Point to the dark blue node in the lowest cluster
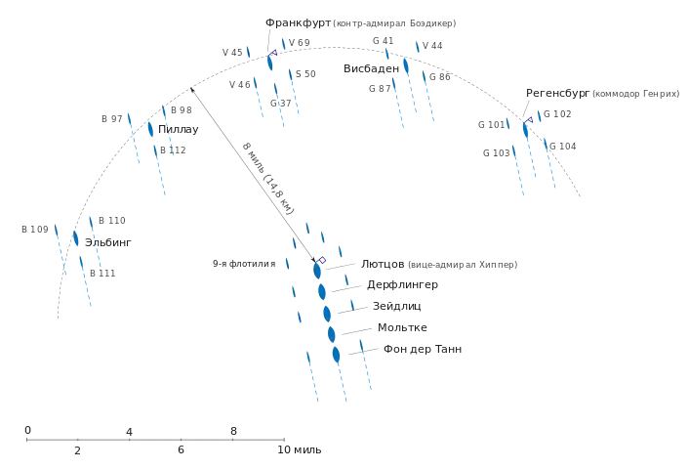pos(321,261)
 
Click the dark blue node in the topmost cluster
pos(272,54)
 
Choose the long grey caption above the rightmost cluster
pos(634,94)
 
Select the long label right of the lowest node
pos(463,266)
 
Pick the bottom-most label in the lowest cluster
pos(424,350)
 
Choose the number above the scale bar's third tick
pos(233,428)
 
